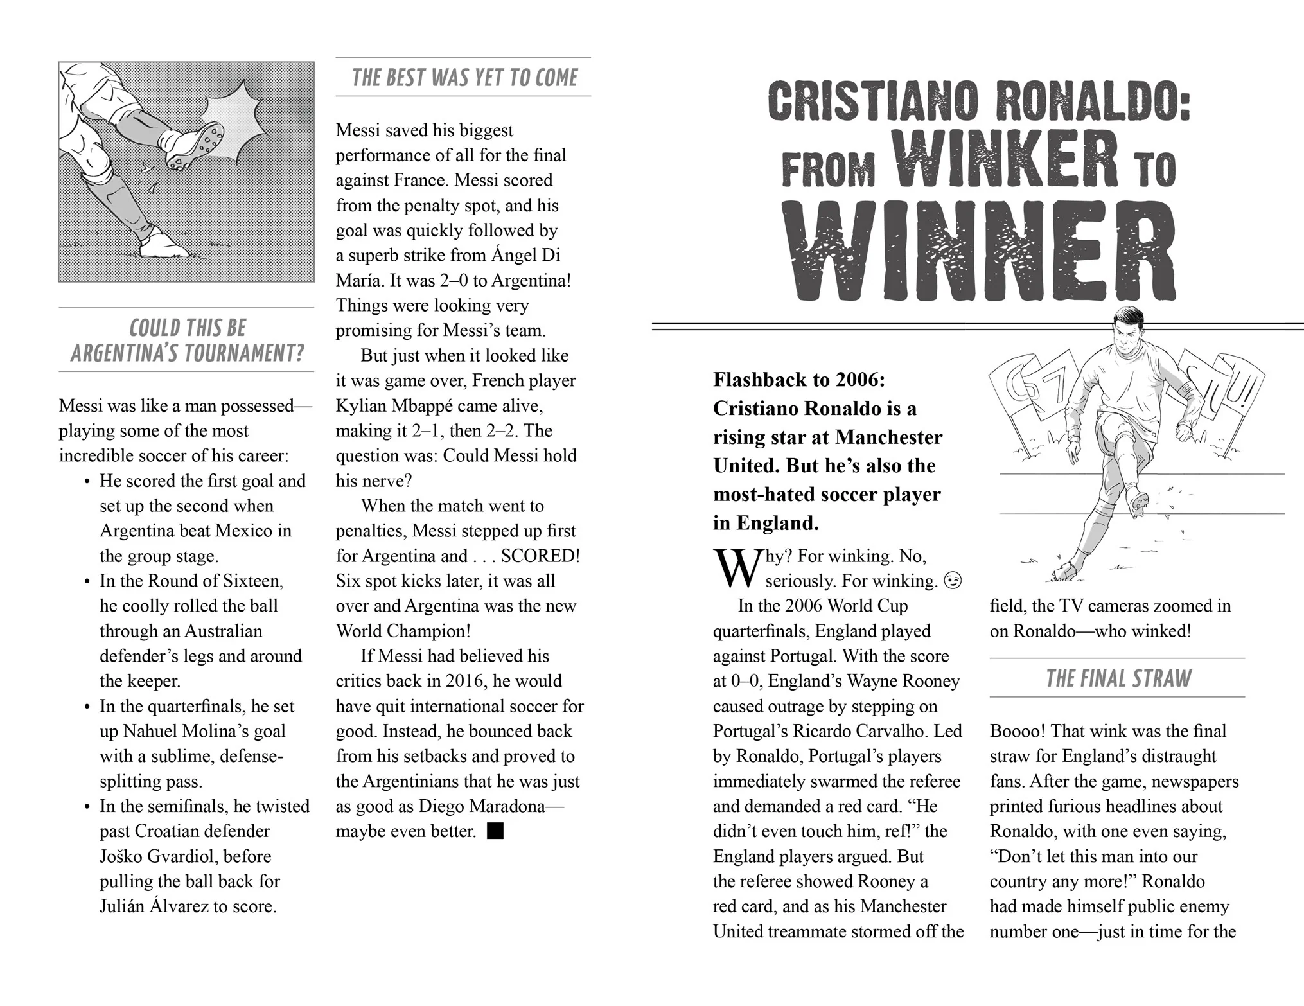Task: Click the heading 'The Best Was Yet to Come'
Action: pos(464,78)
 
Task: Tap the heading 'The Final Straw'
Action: pos(1118,678)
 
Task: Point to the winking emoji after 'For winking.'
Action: pos(953,581)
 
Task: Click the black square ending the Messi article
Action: pos(495,831)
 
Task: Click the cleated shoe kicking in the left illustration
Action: pos(195,146)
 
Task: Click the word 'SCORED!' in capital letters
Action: pos(540,556)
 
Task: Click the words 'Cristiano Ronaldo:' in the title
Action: pos(978,102)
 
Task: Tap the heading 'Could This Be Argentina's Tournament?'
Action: pos(187,340)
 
